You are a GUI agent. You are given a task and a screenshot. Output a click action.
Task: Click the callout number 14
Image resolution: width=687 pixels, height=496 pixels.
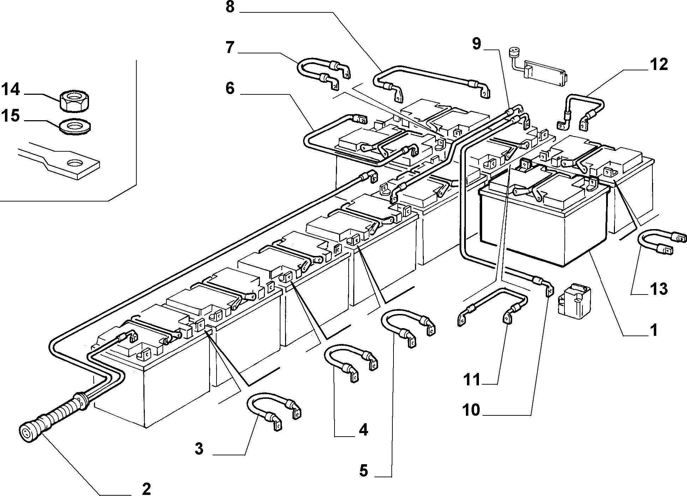coord(11,90)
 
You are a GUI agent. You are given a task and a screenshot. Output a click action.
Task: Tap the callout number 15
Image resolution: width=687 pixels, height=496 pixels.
coord(11,116)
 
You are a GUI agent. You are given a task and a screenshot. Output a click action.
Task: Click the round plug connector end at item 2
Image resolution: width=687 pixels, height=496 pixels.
coord(27,433)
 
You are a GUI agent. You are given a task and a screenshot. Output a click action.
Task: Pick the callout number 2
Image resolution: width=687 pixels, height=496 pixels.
coord(146,489)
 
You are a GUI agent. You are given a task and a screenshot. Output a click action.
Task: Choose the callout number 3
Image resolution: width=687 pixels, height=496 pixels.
coord(199,449)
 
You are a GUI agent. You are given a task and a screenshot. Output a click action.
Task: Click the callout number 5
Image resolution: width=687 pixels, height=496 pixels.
coord(363,471)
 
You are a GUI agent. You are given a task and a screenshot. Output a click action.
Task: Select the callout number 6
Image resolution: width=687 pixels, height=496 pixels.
coord(230,88)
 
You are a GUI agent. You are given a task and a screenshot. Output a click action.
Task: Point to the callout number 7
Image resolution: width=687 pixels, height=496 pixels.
coord(230,47)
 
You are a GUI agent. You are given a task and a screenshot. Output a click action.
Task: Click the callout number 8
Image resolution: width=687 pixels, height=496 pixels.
coord(230,7)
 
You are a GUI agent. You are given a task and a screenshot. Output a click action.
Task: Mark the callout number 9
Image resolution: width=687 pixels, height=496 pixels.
coord(476,44)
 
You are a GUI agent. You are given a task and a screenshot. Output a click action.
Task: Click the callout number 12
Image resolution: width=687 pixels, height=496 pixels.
coord(658,64)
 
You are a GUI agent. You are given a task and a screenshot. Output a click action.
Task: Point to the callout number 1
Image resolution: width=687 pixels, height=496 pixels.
coord(654,330)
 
